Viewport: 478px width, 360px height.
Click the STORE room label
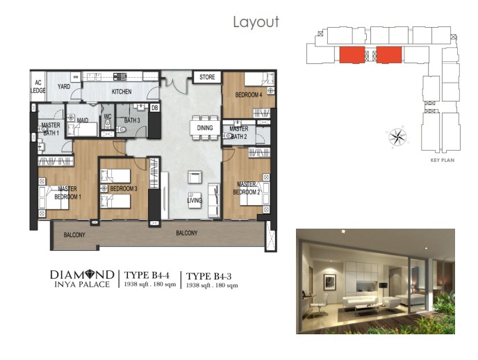coord(207,77)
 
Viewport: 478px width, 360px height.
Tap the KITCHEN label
coord(122,92)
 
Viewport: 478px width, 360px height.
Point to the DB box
coord(155,108)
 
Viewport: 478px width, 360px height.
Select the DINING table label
coord(205,128)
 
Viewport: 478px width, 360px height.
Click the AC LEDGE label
coord(38,87)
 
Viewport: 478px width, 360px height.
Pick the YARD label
coord(64,87)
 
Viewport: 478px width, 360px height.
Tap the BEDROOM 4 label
coord(249,95)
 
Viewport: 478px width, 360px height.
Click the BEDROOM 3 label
coord(124,189)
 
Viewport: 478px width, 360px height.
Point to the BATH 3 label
coord(132,120)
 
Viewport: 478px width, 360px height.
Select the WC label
coord(108,117)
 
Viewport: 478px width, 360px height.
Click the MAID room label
coord(83,120)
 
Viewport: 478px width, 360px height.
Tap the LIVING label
coord(195,200)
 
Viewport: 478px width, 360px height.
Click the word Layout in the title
coord(256,22)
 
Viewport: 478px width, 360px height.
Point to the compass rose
coord(398,136)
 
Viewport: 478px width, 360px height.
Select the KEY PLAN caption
coord(443,160)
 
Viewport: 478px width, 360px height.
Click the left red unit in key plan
coord(352,55)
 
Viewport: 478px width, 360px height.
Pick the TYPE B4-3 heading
coord(209,276)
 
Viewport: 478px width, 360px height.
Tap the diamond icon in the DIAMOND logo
coord(91,275)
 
